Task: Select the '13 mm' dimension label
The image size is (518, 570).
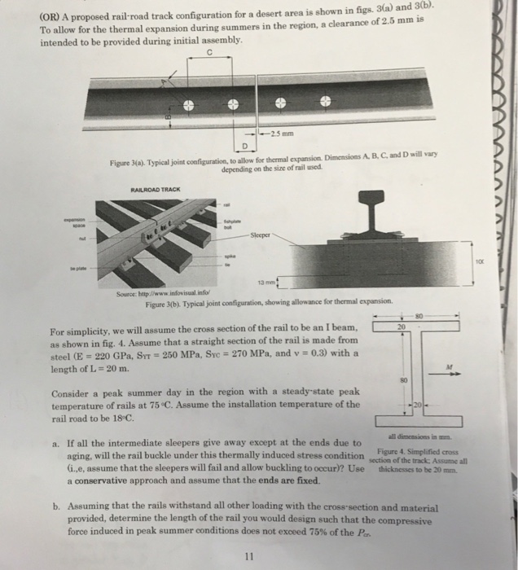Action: [x=266, y=282]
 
